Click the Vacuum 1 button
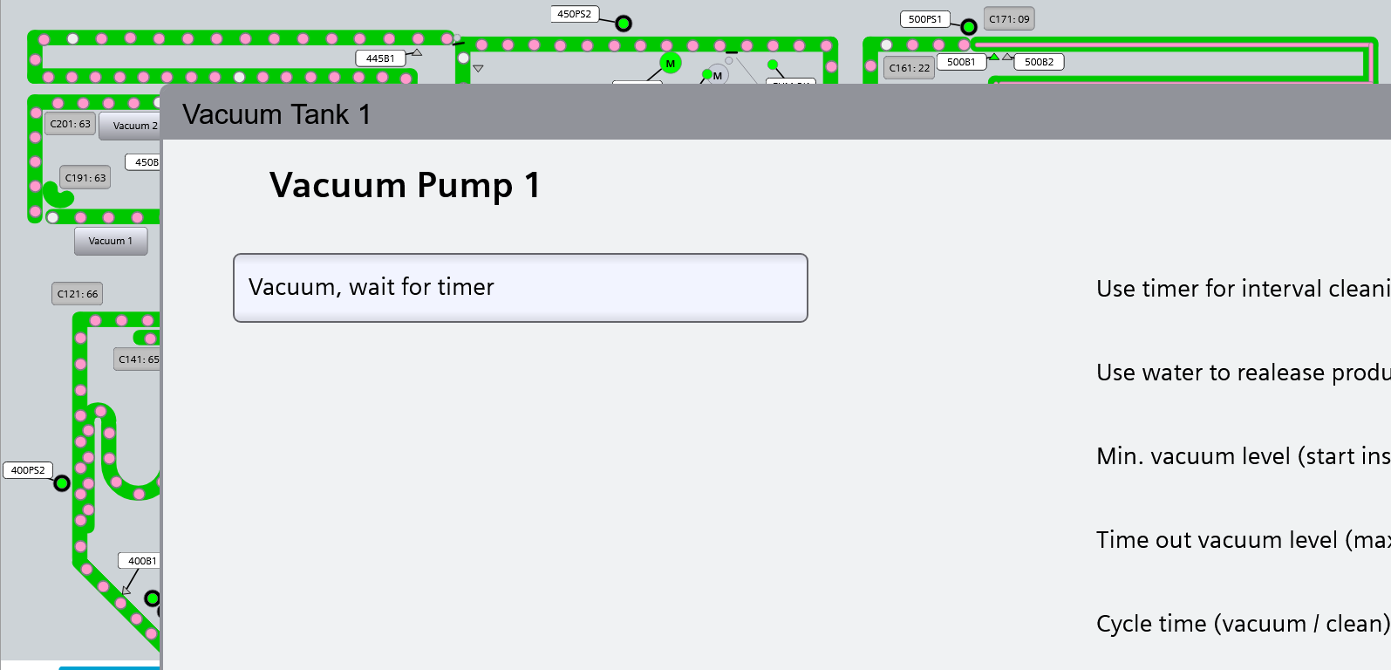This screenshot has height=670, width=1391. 111,241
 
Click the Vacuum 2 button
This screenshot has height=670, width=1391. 133,126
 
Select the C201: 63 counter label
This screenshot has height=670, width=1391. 70,124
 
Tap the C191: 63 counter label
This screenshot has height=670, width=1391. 85,178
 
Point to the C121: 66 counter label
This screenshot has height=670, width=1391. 78,294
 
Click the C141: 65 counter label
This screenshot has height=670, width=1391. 138,359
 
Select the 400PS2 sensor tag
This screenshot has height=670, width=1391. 28,470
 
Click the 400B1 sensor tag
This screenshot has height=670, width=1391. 140,561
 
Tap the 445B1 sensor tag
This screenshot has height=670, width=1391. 380,58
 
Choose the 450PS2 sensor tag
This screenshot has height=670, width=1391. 574,14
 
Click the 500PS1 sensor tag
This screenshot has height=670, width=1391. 924,19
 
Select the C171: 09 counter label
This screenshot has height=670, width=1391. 1009,19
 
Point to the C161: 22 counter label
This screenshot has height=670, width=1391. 910,67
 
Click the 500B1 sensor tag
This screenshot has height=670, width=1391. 961,62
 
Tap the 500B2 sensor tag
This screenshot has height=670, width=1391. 1039,62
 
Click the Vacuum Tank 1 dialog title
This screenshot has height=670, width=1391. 276,114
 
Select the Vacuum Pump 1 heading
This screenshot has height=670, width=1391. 405,185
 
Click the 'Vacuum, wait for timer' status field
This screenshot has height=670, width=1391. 521,288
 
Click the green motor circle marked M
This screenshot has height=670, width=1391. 671,64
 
